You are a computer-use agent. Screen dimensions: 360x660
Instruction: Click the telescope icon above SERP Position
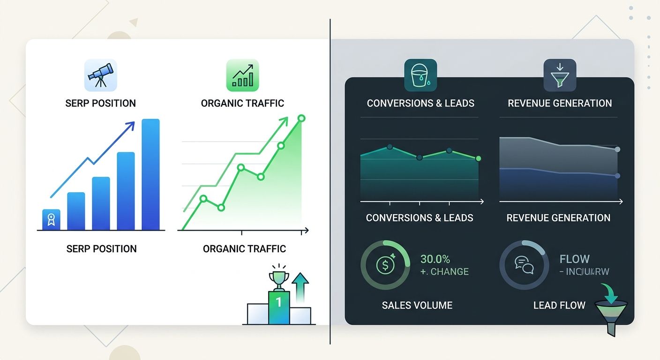tap(100, 75)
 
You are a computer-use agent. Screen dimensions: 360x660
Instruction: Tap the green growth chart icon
tap(242, 75)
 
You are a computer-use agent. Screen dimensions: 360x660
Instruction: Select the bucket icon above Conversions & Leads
tap(420, 75)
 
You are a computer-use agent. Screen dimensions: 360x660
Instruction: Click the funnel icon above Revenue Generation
tap(559, 75)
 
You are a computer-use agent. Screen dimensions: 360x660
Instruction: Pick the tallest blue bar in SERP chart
tap(150, 174)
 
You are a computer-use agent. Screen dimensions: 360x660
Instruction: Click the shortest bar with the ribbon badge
tap(51, 219)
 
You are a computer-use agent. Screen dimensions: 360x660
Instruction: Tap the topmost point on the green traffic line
tap(301, 118)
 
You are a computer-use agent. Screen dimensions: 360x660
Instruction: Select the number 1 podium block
tap(279, 307)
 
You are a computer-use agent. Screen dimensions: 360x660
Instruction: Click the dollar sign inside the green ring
tap(385, 265)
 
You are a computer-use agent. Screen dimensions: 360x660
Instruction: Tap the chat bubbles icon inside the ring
tap(524, 265)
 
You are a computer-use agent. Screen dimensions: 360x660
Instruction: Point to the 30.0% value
tap(435, 259)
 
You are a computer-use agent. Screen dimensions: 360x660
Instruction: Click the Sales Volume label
tap(417, 306)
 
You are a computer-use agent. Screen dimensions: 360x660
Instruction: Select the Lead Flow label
tap(559, 306)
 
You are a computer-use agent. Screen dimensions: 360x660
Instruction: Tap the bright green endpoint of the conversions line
tap(478, 158)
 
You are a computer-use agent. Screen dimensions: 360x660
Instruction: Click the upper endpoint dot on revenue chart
tap(617, 149)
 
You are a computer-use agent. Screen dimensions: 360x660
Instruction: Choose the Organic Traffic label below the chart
tap(244, 248)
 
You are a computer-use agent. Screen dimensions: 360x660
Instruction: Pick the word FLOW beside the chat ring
tap(574, 259)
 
